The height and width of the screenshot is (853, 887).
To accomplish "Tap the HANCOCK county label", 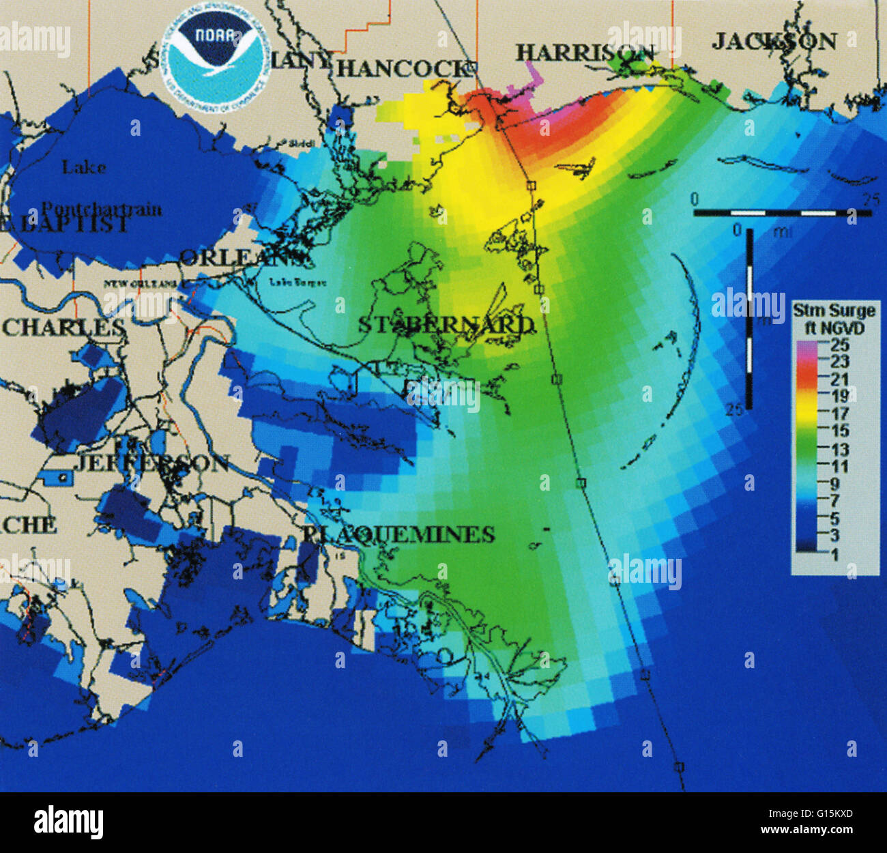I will click(403, 68).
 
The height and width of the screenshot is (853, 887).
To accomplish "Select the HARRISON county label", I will click(585, 53).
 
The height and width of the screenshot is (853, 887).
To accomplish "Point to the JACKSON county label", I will click(774, 42).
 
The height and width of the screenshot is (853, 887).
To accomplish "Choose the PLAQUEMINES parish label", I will click(398, 534).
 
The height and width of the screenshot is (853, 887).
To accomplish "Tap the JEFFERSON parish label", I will click(151, 463).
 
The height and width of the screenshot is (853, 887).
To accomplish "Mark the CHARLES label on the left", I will click(63, 328).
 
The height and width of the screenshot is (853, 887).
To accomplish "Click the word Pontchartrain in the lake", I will click(102, 208).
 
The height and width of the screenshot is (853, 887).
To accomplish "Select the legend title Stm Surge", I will click(833, 311).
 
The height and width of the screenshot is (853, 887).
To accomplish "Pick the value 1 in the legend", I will click(834, 554).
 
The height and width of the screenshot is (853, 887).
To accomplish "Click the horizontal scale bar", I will click(783, 213).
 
